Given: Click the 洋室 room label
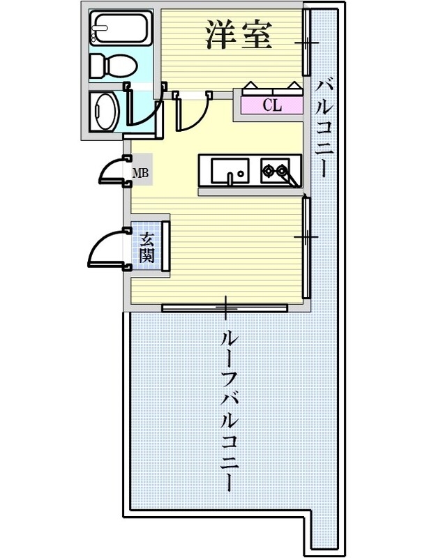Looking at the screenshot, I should (x=237, y=35).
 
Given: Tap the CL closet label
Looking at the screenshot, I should (x=272, y=106).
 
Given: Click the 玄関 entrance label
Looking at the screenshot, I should (x=147, y=247).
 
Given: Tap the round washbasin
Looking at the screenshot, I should (x=107, y=112).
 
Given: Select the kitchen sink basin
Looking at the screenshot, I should (x=229, y=169).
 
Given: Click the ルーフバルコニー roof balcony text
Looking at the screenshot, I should (x=226, y=412).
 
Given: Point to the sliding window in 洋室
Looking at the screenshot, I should (x=306, y=43).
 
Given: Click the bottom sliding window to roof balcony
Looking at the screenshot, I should (x=225, y=306).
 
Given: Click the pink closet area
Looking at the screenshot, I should (x=272, y=105).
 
